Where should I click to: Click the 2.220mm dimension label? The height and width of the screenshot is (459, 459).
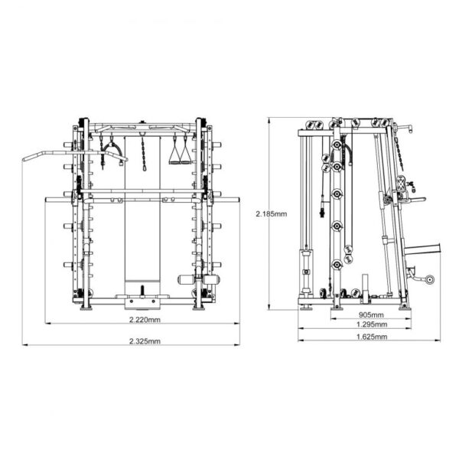(x=145, y=320)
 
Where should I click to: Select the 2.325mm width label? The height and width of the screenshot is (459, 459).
(x=145, y=341)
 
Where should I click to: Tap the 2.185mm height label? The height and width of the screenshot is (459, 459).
(x=272, y=214)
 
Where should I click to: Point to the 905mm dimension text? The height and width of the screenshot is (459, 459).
(x=371, y=315)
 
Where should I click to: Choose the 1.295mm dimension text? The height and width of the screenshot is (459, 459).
(x=372, y=324)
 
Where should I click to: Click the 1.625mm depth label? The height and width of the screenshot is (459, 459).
(x=372, y=337)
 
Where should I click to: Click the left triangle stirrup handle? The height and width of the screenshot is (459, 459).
(x=174, y=155)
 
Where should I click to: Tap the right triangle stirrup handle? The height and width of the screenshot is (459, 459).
(x=185, y=155)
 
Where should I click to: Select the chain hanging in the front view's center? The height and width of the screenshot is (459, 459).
(x=144, y=154)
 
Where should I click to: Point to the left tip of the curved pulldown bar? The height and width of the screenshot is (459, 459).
(x=24, y=160)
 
